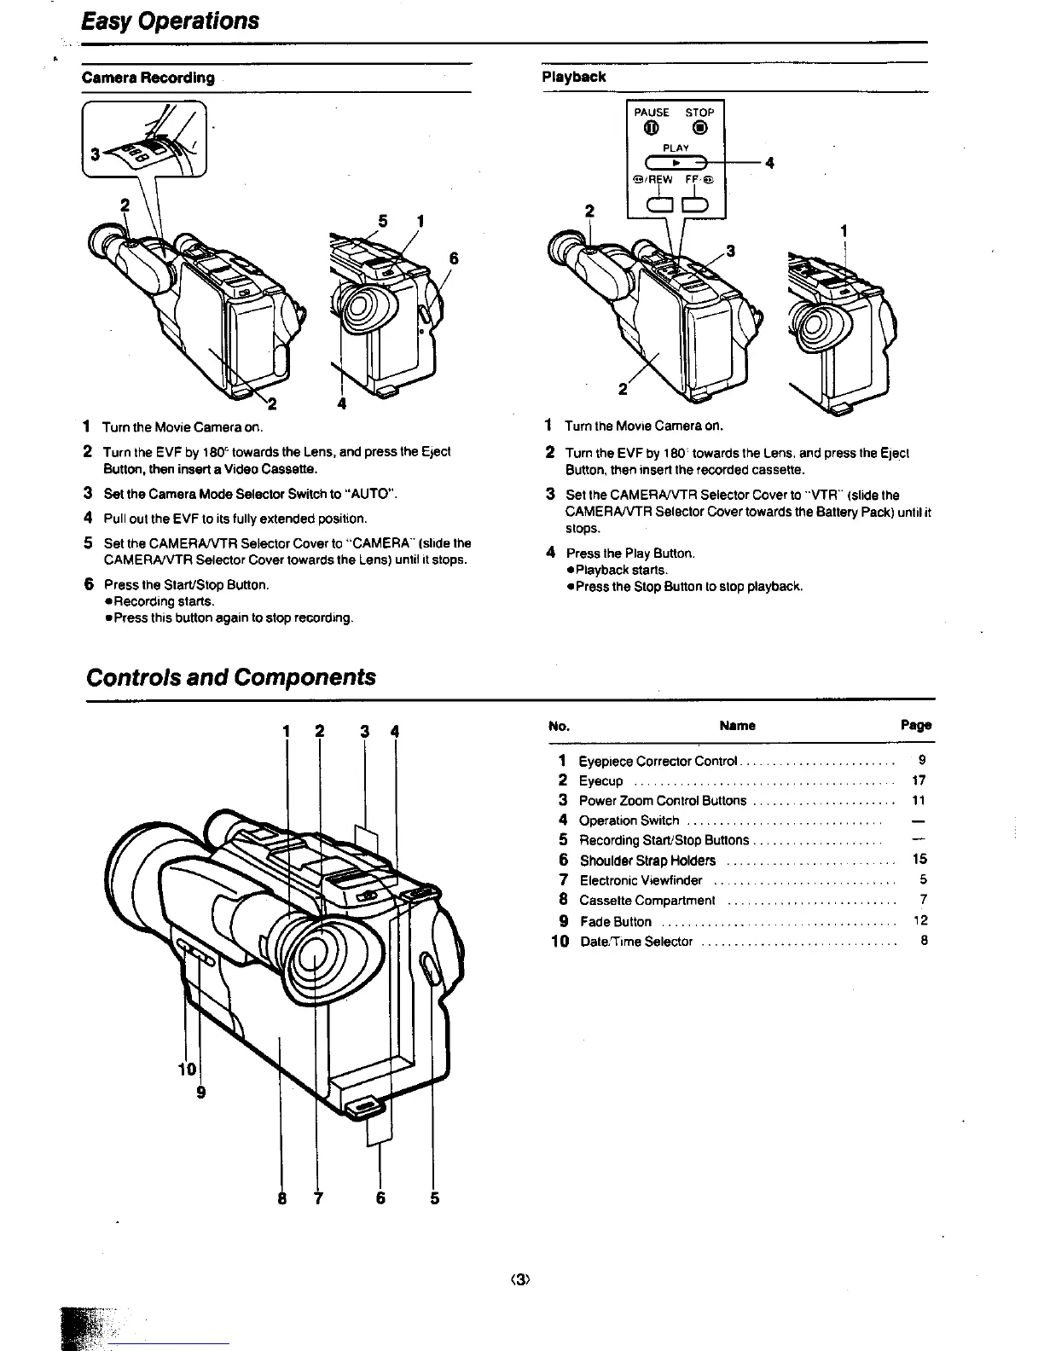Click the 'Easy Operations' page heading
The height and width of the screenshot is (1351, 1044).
(171, 20)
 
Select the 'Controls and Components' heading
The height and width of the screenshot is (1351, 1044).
(230, 677)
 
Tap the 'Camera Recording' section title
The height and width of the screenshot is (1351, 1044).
(148, 78)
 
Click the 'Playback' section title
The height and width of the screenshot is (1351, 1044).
(574, 77)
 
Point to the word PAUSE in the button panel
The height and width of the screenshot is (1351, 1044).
(652, 113)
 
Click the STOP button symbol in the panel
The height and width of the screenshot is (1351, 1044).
(699, 129)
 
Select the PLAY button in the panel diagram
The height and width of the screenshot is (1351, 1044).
(676, 161)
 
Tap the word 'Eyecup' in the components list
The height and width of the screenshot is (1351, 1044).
(600, 781)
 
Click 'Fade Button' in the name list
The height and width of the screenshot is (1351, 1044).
(615, 922)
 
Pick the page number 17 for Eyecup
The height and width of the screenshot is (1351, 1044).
(919, 780)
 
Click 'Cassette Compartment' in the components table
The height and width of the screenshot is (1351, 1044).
(647, 901)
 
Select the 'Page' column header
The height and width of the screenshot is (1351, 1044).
(916, 726)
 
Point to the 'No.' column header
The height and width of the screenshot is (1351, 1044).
(560, 727)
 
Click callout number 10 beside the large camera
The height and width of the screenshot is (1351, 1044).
(187, 1070)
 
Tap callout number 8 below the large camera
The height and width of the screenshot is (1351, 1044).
(281, 1198)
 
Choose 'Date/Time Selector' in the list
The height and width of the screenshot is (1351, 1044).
(635, 942)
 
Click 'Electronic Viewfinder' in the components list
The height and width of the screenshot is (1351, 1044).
(641, 880)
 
